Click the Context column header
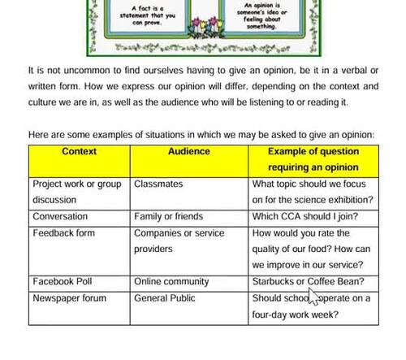[79, 151]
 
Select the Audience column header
[188, 151]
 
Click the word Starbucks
[274, 282]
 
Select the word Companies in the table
[158, 233]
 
